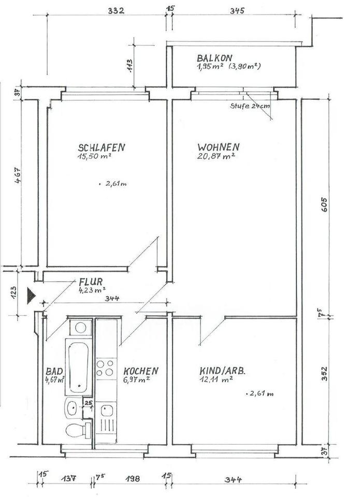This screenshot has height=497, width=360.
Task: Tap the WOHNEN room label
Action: [218, 147]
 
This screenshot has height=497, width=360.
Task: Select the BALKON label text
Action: [214, 58]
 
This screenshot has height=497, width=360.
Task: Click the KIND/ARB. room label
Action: [222, 371]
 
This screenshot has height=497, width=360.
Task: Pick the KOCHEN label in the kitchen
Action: [140, 371]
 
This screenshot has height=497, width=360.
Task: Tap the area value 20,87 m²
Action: [216, 156]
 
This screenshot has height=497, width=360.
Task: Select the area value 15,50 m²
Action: [95, 156]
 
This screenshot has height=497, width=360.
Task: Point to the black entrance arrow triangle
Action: [32, 296]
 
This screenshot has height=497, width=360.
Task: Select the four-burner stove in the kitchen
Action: [105, 368]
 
